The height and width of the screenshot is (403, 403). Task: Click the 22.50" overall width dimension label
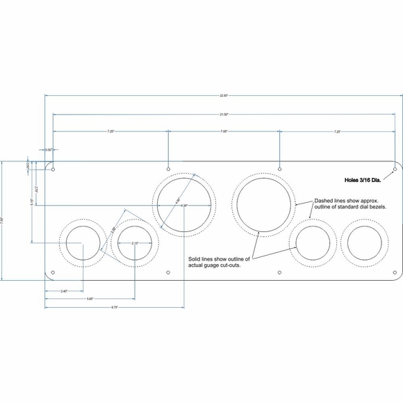pyautogui.click(x=223, y=95)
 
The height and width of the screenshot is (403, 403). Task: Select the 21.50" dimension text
pyautogui.click(x=224, y=114)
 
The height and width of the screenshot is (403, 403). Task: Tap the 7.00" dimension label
pyautogui.click(x=224, y=131)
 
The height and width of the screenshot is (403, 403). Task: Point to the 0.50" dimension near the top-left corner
pyautogui.click(x=49, y=149)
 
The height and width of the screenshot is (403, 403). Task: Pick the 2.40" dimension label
pyautogui.click(x=64, y=290)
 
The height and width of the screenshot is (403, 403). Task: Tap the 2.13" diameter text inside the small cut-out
pyautogui.click(x=135, y=242)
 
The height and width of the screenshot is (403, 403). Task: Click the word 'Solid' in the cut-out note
pyautogui.click(x=196, y=258)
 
